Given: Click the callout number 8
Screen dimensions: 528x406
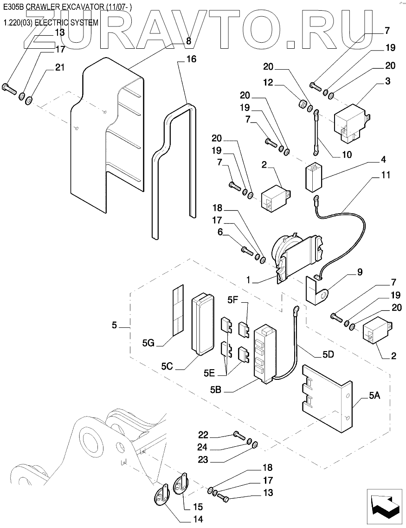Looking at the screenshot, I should click(188, 40).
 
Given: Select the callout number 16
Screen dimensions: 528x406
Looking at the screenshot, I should click(191, 59).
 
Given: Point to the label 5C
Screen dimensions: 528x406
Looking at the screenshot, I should click(168, 365).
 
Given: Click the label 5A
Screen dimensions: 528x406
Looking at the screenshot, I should click(375, 396).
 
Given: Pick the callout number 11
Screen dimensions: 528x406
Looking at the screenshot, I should click(385, 176).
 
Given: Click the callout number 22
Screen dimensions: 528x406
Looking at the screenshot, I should click(203, 435).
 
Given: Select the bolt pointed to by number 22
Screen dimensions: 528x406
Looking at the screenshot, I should click(239, 436).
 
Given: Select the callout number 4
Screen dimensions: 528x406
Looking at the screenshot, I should click(383, 160).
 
